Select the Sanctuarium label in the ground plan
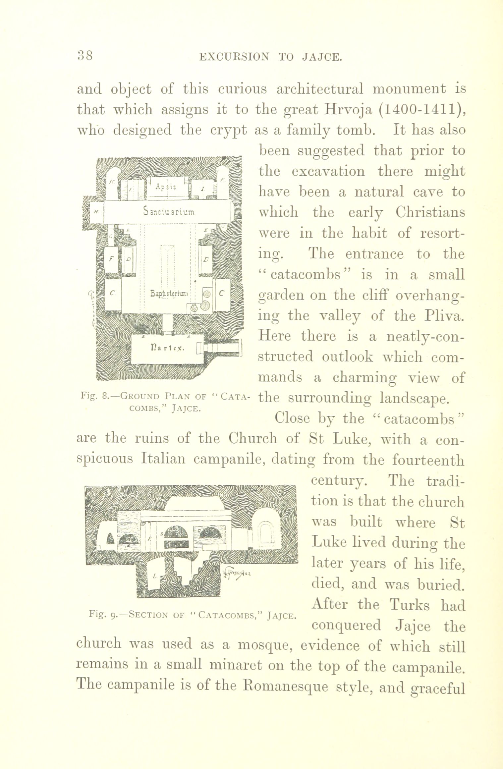(169, 211)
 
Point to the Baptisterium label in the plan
(169, 294)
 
